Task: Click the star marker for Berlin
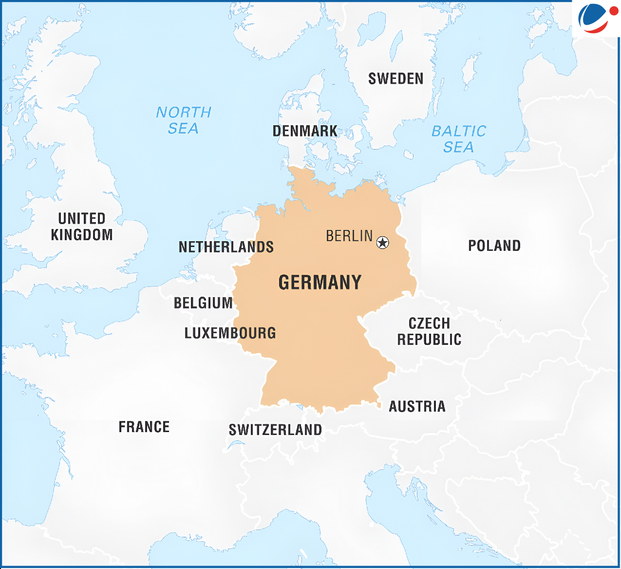click(x=383, y=242)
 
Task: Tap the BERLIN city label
click(x=349, y=236)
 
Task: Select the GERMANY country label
click(x=320, y=283)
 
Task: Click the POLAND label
click(x=494, y=246)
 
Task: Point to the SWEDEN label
click(x=395, y=78)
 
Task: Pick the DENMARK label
click(x=305, y=131)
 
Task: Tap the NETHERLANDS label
click(x=226, y=247)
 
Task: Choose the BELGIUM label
click(x=203, y=303)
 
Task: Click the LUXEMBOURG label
click(x=230, y=333)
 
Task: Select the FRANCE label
click(x=144, y=427)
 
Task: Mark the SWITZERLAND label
click(x=275, y=430)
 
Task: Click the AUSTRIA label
click(x=417, y=406)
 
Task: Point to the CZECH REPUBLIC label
click(x=429, y=331)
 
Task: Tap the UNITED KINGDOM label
click(x=82, y=227)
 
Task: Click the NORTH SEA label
click(x=184, y=120)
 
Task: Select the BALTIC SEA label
click(x=459, y=139)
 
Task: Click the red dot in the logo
click(x=613, y=11)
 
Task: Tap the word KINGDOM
click(x=82, y=235)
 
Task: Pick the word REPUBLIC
click(x=429, y=340)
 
